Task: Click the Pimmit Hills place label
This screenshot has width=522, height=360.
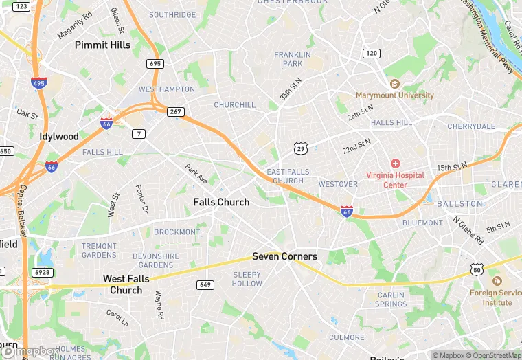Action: tap(102, 45)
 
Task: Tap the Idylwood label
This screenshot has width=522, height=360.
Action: tap(59, 136)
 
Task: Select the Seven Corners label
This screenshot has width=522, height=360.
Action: tap(284, 256)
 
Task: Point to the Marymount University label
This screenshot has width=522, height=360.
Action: tap(394, 95)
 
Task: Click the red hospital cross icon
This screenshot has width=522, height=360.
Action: tap(395, 164)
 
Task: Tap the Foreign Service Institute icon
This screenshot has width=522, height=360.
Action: tap(497, 282)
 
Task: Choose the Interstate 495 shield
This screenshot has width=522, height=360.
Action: tap(38, 82)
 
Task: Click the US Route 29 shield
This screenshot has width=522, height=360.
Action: tap(300, 148)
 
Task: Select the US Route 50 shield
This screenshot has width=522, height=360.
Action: tap(476, 270)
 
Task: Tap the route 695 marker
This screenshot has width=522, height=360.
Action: tap(155, 64)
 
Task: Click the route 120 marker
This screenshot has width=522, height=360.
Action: tap(371, 53)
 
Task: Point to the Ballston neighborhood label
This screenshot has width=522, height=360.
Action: tap(459, 204)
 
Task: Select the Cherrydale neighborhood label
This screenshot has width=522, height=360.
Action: tap(471, 126)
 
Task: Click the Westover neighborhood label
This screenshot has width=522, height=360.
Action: tap(338, 184)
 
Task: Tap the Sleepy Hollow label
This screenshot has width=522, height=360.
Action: tap(247, 279)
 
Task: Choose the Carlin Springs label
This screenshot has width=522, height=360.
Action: tap(391, 300)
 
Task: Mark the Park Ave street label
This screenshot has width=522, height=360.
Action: tap(196, 173)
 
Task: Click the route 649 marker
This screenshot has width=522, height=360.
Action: tap(204, 284)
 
